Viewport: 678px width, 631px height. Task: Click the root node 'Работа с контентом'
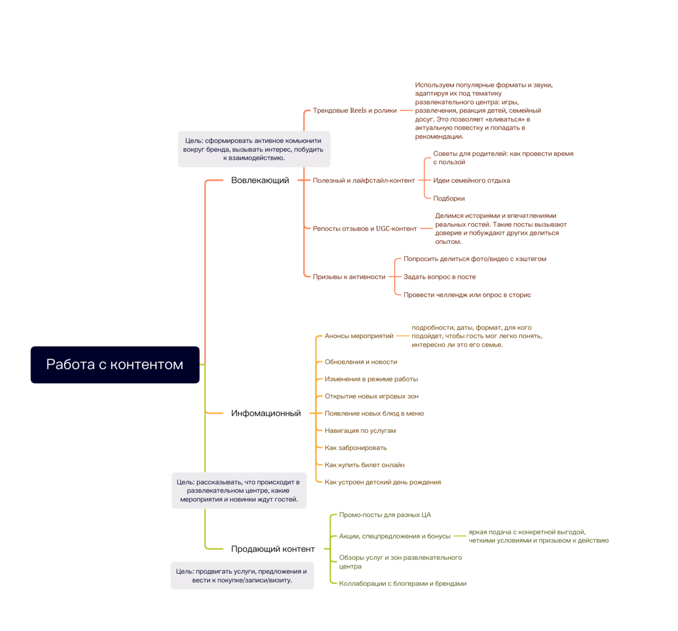[x=115, y=364]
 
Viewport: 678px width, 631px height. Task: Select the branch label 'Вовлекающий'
[x=260, y=180]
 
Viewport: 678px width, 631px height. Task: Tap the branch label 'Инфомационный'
[x=266, y=413]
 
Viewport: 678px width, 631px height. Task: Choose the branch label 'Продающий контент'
[x=273, y=549]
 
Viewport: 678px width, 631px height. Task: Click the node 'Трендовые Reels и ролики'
[x=355, y=110]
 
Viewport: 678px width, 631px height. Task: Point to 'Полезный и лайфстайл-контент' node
[x=363, y=180]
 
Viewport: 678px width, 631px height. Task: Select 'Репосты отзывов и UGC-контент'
[x=364, y=229]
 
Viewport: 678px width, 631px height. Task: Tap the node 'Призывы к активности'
[x=349, y=277]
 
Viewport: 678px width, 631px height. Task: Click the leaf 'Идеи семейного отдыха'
[x=471, y=180]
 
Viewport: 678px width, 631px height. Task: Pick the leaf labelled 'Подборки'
[x=449, y=198]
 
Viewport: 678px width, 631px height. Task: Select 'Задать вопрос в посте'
[x=439, y=277]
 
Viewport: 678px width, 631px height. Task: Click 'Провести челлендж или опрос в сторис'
[x=467, y=295]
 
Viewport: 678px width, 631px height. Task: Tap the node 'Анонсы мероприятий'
[x=359, y=336]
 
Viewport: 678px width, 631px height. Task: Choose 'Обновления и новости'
[x=361, y=362]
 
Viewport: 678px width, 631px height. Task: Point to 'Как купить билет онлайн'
[x=364, y=465]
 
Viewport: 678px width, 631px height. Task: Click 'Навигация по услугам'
[x=360, y=431]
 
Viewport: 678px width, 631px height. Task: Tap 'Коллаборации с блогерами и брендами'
[x=402, y=583]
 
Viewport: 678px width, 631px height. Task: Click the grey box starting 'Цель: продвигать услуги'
[x=242, y=575]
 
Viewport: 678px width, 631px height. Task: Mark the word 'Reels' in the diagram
[x=358, y=110]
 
